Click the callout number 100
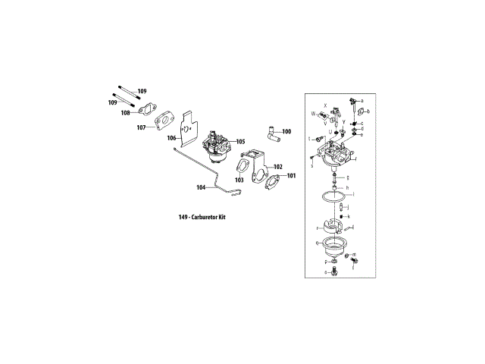coord(286,132)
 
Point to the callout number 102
coord(278,166)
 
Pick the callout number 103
coord(239,180)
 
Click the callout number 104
coord(202,187)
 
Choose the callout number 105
coord(240,141)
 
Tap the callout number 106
coord(172,138)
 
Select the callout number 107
coord(142,127)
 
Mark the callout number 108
coord(125,112)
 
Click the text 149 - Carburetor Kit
coord(202,217)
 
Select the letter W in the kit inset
coord(311,113)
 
